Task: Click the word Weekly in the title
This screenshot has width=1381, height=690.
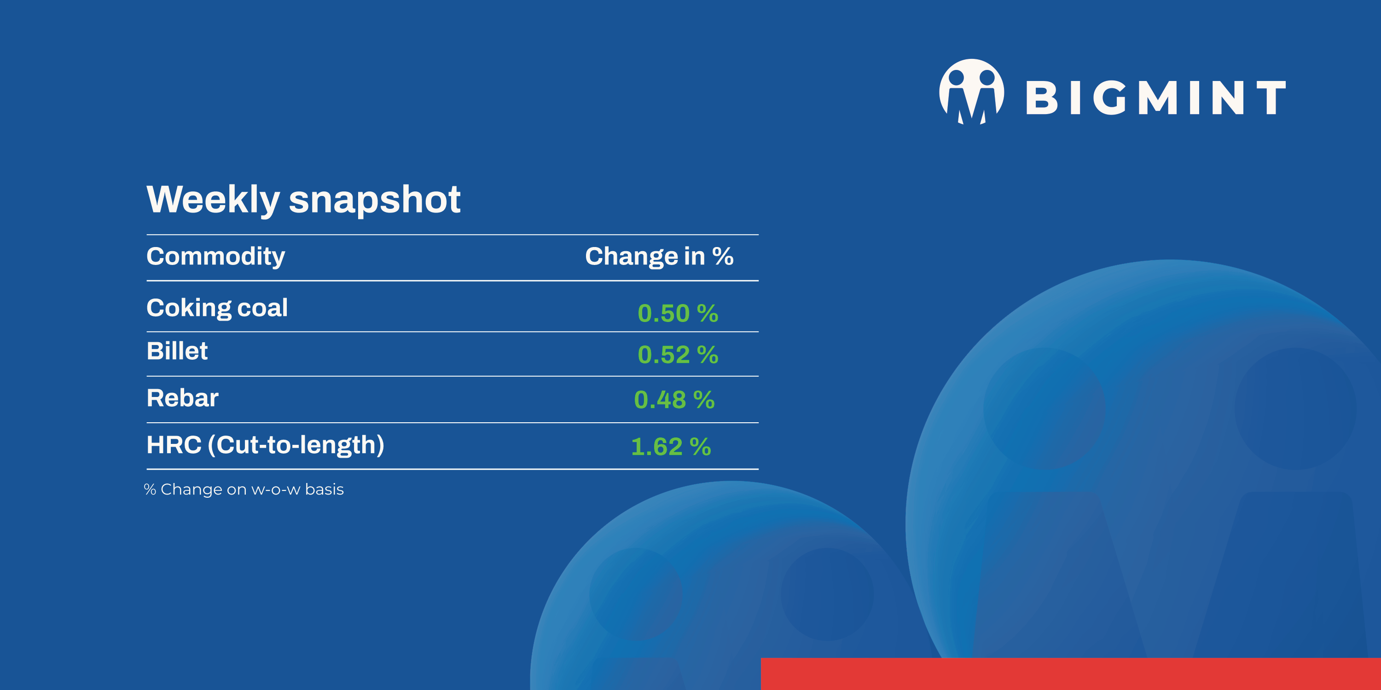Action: [x=213, y=200]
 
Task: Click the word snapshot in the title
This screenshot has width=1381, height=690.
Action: [x=374, y=200]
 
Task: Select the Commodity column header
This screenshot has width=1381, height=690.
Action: [x=215, y=256]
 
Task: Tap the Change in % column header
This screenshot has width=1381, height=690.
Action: [x=659, y=256]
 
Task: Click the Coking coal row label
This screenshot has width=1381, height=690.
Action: [x=217, y=308]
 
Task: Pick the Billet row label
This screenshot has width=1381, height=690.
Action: [x=177, y=351]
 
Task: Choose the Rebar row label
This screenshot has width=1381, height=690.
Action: [x=182, y=398]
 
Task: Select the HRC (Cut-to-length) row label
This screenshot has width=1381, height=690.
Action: [x=265, y=445]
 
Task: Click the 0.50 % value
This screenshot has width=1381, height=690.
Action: [x=678, y=313]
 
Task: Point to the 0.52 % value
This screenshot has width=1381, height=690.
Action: [x=678, y=355]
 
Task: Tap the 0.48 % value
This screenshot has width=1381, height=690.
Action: [x=674, y=400]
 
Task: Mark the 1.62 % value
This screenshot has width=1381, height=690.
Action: [x=671, y=447]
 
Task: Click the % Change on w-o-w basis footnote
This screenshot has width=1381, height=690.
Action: [x=244, y=489]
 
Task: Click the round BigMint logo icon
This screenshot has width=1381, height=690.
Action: [x=971, y=91]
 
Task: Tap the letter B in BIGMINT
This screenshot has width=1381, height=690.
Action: [x=1041, y=98]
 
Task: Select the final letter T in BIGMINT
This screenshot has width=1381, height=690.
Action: [x=1271, y=98]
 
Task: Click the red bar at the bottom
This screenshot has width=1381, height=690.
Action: [x=1070, y=673]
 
